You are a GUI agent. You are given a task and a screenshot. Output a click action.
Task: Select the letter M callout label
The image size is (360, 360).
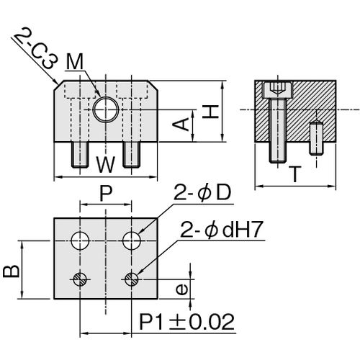coord(75,61)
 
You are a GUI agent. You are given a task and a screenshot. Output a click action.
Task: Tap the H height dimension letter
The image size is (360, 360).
coord(210,112)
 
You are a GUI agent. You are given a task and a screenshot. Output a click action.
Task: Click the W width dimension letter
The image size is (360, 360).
coord(106,164)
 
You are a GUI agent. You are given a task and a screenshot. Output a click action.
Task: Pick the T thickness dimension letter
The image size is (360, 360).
coord(295,174)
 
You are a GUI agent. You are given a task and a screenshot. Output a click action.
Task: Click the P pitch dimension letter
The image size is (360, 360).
coord(106,194)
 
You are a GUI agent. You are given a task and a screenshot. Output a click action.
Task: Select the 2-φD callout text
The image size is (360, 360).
coord(202,192)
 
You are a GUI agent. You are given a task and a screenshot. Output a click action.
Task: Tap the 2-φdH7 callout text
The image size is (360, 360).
coord(221,229)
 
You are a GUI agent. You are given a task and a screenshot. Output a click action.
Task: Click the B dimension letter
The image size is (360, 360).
coord(12,271)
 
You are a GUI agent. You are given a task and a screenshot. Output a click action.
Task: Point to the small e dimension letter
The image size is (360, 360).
coord(181,289)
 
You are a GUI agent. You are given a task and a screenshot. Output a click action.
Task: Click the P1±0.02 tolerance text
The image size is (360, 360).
coord(186,322)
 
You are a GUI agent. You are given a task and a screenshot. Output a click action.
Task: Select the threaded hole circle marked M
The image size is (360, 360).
coord(106,109)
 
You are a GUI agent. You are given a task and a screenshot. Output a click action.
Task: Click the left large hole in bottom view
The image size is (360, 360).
coord(80,240)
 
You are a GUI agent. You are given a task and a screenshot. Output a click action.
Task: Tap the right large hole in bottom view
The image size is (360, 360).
coord(132,240)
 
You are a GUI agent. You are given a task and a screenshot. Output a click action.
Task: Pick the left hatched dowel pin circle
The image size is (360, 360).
coord(80,279)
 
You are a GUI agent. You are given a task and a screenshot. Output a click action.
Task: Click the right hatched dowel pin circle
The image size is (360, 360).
coord(132,279)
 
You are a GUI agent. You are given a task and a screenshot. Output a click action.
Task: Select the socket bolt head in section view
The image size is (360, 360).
coord(278,90)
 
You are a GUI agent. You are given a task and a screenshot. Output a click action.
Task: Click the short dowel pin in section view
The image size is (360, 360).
coord(317,138)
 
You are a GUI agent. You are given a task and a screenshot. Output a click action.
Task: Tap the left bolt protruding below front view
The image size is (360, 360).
coord(80,155)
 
